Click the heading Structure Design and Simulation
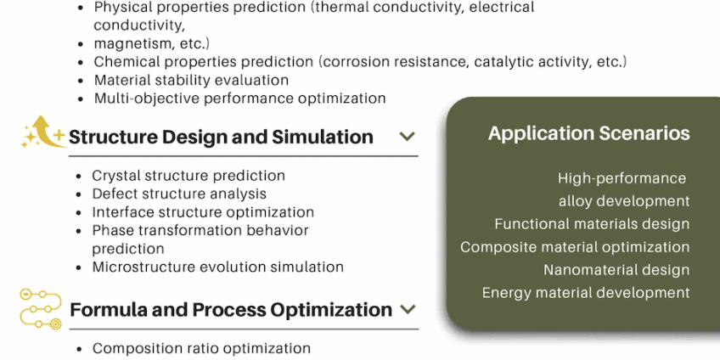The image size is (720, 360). pyautogui.click(x=221, y=137)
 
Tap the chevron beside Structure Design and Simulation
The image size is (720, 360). pyautogui.click(x=408, y=137)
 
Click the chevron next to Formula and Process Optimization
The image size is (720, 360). pyautogui.click(x=408, y=309)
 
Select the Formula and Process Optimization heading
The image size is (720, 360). pyautogui.click(x=231, y=310)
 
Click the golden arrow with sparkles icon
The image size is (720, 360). pyautogui.click(x=43, y=132)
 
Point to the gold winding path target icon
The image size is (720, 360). pyautogui.click(x=41, y=309)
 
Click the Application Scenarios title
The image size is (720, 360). pyautogui.click(x=588, y=133)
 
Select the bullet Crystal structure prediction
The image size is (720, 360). pyautogui.click(x=188, y=176)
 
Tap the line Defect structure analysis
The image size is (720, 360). pyautogui.click(x=179, y=194)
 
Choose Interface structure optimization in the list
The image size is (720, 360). pyautogui.click(x=203, y=212)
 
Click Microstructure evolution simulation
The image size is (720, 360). pyautogui.click(x=217, y=267)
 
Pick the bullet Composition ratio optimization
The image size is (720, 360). pyautogui.click(x=201, y=348)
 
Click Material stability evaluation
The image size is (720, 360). pyautogui.click(x=192, y=80)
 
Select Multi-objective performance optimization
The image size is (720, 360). pyautogui.click(x=239, y=98)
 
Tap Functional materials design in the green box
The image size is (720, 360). pyautogui.click(x=592, y=224)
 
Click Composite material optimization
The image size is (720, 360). pyautogui.click(x=575, y=247)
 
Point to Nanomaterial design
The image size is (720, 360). pyautogui.click(x=616, y=270)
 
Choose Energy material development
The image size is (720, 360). pyautogui.click(x=586, y=293)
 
